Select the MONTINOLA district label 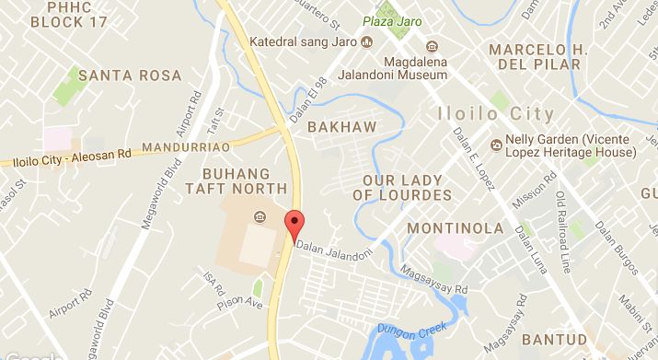456,227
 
